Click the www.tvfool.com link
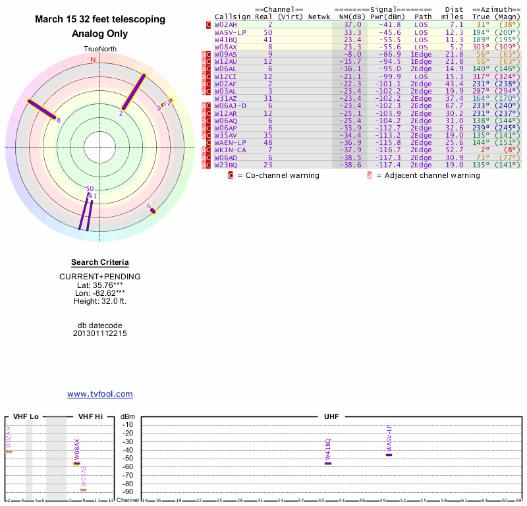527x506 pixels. coord(100,394)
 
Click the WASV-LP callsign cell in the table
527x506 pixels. coord(230,32)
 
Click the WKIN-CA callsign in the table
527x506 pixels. coord(230,150)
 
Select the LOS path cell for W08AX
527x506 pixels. coord(421,47)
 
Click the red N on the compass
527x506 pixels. coord(93,60)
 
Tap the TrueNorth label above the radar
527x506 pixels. coord(99,49)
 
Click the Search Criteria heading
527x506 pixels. coord(99,262)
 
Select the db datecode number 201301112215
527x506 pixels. coord(100,333)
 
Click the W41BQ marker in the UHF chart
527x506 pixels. coord(328,463)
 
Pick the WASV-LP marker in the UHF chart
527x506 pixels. coord(389,455)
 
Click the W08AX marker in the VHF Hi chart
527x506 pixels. coord(77,463)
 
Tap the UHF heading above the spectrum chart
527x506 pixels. coord(331,416)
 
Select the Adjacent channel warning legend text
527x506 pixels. coord(428,176)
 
